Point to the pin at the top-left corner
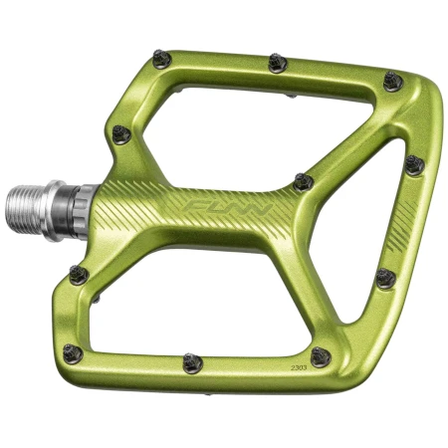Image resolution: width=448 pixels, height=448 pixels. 161,60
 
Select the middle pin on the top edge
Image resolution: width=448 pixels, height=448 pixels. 278,64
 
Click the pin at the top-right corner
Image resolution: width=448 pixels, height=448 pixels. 393,81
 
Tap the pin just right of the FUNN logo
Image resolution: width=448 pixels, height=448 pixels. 304,182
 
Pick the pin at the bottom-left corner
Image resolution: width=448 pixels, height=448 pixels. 73,353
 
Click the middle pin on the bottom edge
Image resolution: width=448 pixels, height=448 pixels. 192,362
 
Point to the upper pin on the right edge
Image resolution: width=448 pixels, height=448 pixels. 413,164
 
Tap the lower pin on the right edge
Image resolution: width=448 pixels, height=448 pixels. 386,279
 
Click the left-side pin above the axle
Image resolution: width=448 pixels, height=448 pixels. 121,133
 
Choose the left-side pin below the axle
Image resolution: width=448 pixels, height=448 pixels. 79,275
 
